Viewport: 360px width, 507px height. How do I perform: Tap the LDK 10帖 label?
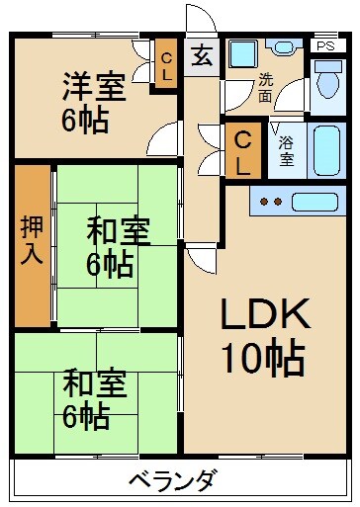point(264,337)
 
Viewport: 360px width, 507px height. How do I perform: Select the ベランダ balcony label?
point(172,482)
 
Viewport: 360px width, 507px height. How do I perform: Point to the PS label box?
point(324,45)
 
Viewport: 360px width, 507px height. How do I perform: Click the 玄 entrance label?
point(202,55)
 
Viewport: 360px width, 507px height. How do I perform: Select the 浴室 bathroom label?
point(286,149)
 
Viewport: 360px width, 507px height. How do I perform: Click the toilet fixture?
point(325,87)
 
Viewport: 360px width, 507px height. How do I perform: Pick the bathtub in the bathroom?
point(325,149)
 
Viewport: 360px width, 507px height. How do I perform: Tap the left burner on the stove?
point(264,202)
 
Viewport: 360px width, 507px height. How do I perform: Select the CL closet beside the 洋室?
point(168,66)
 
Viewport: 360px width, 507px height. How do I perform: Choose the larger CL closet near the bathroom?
point(240,152)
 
